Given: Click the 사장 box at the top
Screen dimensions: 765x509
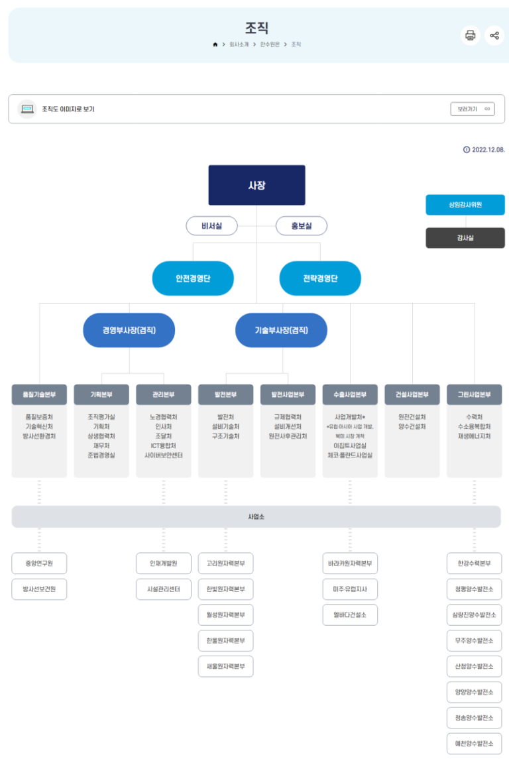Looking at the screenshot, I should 256,185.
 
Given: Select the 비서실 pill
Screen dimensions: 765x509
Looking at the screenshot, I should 211,226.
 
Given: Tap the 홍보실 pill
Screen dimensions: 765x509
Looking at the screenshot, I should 301,226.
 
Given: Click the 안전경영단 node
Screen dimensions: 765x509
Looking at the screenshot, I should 193,278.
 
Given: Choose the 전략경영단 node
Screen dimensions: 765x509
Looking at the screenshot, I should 320,278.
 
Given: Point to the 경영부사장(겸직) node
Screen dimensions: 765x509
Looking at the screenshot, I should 129,330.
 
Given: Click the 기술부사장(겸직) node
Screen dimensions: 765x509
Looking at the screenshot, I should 281,330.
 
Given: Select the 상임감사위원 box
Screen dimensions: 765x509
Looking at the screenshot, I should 465,205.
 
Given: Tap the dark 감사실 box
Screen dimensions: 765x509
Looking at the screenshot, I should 465,237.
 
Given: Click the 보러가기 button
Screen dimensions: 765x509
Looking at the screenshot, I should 472,109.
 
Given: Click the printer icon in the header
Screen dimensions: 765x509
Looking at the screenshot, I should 471,35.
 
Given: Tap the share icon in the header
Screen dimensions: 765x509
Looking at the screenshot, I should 494,35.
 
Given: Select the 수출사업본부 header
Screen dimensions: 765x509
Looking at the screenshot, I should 350,394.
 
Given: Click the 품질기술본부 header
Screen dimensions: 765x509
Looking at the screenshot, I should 39,394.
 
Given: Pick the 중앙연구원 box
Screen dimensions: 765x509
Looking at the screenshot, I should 39,563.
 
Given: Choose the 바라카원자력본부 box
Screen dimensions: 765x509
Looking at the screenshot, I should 350,563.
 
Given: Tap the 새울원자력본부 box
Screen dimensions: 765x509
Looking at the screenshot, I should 225,666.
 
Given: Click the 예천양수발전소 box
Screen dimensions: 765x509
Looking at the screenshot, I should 474,744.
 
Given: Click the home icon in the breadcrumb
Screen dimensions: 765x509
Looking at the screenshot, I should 215,44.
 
